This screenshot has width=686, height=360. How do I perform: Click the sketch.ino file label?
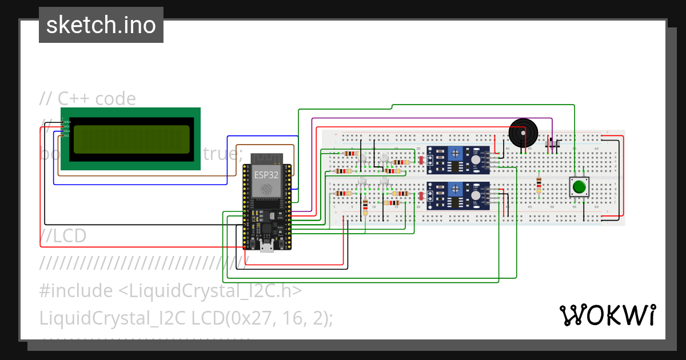point(101,25)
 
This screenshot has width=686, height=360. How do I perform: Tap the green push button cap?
point(579,187)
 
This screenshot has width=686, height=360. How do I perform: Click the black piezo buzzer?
point(523,132)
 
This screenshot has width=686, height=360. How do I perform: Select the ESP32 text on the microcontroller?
point(266,175)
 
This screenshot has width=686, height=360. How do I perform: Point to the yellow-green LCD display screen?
point(131,139)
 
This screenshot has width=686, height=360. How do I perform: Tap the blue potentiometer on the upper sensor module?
point(455,153)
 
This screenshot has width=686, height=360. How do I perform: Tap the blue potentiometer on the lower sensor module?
point(455,188)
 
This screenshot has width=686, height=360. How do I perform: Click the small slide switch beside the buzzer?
point(552,144)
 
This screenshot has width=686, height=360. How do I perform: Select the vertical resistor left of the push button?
point(539,185)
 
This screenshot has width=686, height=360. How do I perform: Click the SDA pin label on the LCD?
point(66,131)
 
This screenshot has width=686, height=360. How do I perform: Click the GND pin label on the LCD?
point(66,122)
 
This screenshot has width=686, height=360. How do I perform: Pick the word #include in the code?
point(76,291)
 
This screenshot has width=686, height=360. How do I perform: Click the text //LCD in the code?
point(63,235)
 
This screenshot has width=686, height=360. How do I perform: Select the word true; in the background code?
point(223,154)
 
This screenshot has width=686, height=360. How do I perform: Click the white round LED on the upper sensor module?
point(476,161)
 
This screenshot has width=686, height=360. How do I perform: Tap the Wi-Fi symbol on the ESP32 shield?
point(266,189)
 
